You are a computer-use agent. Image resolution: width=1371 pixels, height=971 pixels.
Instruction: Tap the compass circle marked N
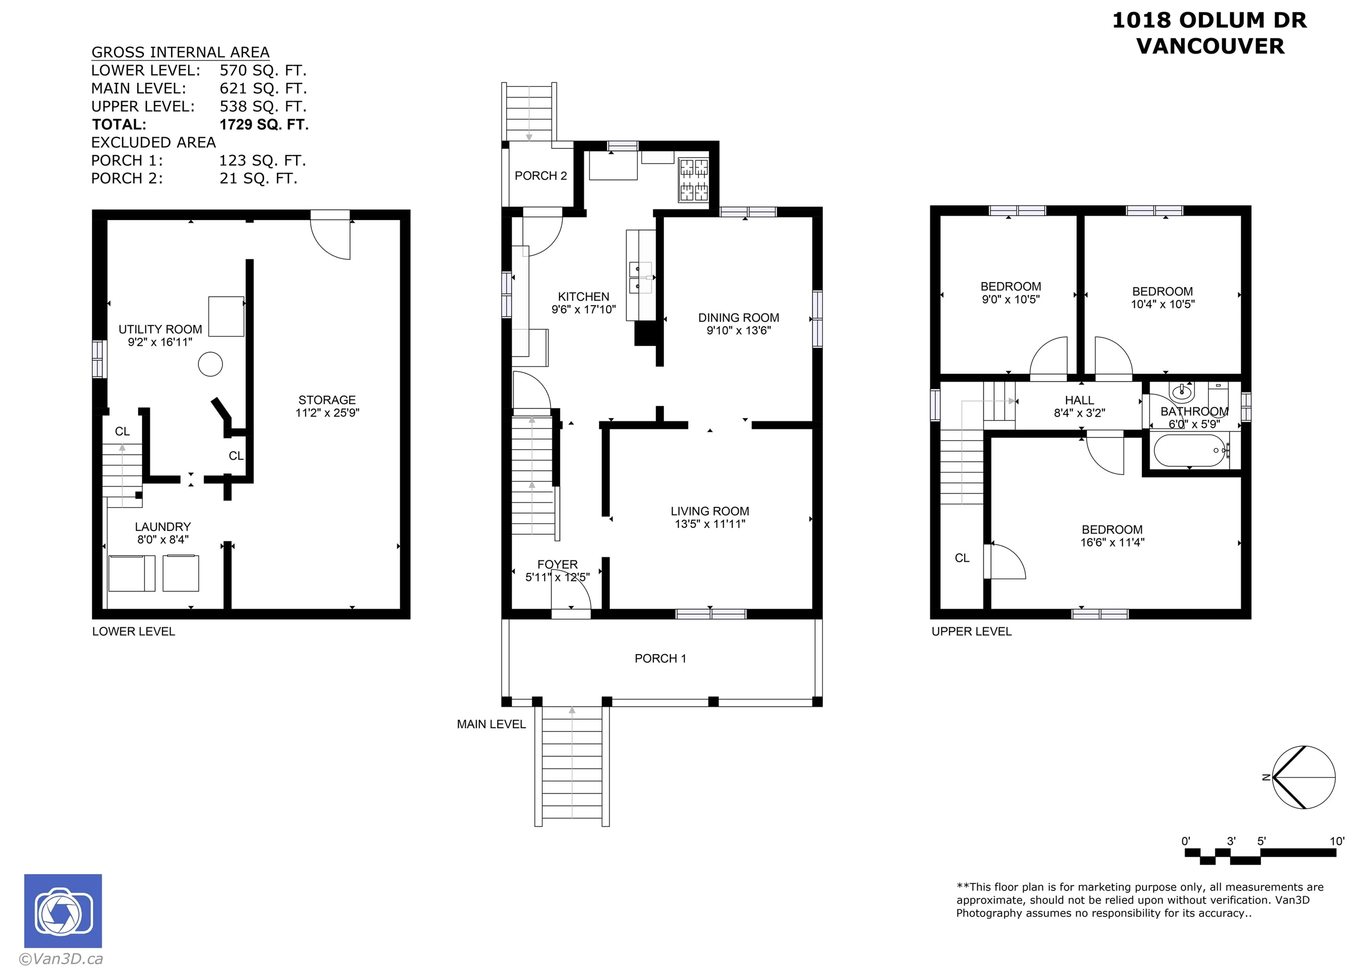1304,777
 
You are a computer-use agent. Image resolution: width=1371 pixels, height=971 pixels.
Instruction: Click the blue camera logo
63,911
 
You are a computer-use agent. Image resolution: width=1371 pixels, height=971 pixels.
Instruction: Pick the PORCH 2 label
540,176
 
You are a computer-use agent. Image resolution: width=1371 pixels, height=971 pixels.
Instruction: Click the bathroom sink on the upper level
1182,393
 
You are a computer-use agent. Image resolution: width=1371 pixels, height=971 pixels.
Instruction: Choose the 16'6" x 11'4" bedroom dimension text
1112,542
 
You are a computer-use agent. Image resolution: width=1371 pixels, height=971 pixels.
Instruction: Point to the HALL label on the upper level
1079,400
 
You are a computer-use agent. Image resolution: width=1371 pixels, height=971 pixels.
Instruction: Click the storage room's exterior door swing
330,239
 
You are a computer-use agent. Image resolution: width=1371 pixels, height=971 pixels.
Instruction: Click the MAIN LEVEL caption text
491,724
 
